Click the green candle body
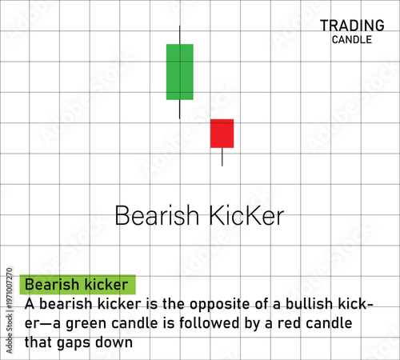point(179,72)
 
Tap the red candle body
point(222,134)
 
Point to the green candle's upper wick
point(180,34)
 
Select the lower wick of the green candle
point(180,109)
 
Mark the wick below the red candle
point(222,157)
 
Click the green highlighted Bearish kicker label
point(78,284)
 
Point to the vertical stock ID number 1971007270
point(10,300)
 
